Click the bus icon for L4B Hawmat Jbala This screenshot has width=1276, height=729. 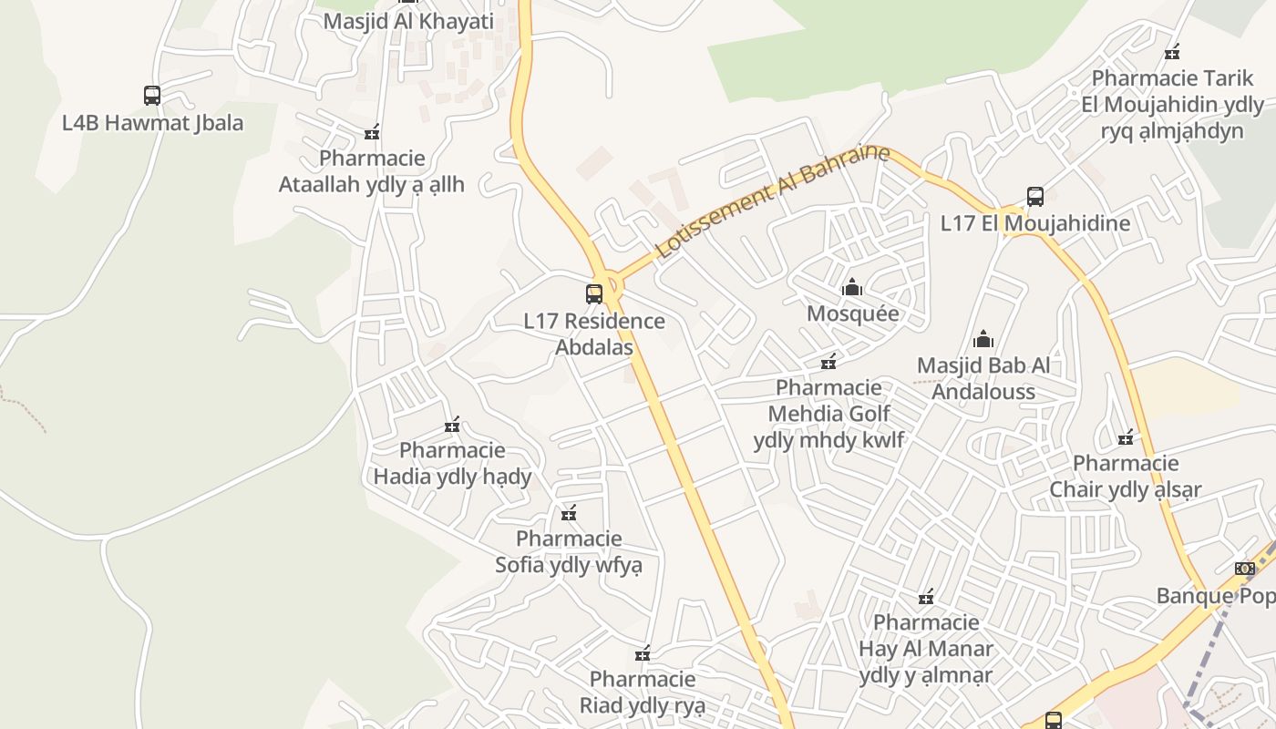(x=152, y=95)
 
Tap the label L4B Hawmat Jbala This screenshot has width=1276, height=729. (x=152, y=122)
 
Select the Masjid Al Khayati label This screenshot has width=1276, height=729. (x=408, y=21)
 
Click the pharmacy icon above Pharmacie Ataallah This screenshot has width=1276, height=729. (x=371, y=133)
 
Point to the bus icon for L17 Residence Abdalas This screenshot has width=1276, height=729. (x=594, y=293)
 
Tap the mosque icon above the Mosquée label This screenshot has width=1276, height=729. (x=852, y=288)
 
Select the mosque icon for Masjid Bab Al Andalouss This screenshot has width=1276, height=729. (x=983, y=340)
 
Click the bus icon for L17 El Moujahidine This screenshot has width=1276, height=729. (x=1035, y=196)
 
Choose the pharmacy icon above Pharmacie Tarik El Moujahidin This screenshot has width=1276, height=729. (x=1172, y=52)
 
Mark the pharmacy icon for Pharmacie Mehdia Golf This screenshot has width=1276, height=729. (x=828, y=363)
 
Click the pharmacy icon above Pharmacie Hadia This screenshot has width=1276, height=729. (x=452, y=425)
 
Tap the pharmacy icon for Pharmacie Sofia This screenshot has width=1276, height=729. (x=569, y=514)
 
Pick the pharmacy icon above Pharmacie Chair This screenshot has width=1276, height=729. (x=1126, y=437)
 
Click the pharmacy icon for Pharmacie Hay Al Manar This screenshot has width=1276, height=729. (x=926, y=598)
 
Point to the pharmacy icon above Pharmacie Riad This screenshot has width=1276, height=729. (x=643, y=653)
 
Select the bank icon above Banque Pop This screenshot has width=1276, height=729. (x=1244, y=569)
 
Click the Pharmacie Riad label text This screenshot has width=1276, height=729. (x=643, y=693)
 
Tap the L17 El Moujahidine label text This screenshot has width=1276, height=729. (x=1035, y=223)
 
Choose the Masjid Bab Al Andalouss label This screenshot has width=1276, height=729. (x=983, y=379)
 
